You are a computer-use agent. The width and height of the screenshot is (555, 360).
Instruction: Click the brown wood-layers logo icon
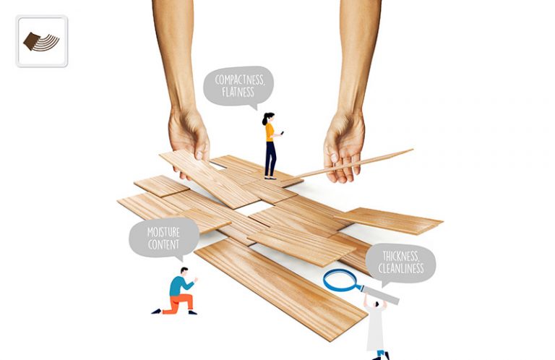tap(41, 42)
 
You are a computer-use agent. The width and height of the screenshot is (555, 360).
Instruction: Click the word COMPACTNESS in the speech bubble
tap(240, 80)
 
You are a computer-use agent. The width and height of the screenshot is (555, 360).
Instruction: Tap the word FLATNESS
tap(238, 93)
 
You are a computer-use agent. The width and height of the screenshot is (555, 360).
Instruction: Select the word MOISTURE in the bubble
tap(163, 232)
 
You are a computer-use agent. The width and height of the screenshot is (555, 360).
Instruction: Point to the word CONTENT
tap(163, 244)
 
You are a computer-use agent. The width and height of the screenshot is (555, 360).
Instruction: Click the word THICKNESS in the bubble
tap(400, 256)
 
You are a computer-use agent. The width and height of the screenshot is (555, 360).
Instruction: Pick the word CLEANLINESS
tap(400, 268)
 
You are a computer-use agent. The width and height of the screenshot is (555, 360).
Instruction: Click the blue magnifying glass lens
tap(340, 280)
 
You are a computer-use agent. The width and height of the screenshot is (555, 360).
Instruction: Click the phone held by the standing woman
tap(282, 133)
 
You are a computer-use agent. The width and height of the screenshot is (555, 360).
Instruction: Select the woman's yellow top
tap(270, 132)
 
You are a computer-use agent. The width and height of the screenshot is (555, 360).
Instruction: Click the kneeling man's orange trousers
tap(179, 303)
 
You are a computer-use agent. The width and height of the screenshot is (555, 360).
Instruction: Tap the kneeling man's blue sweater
tap(180, 286)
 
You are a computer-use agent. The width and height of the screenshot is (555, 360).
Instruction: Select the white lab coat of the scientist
tap(375, 327)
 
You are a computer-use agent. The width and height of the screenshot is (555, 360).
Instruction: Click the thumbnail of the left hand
tap(199, 155)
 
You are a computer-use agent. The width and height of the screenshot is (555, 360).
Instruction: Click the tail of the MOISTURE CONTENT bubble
tap(180, 258)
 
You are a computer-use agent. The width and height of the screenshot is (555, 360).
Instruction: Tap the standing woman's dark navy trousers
tap(270, 159)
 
